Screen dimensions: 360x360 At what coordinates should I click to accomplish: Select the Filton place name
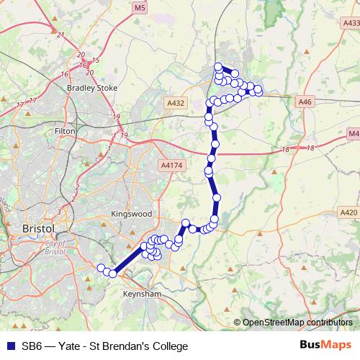point(66,132)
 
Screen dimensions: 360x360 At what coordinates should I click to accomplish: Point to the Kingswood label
point(132,214)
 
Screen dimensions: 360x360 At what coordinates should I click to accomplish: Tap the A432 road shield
point(176,104)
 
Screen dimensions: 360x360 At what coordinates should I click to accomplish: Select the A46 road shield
point(305,103)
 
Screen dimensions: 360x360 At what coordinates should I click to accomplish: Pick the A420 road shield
point(348,212)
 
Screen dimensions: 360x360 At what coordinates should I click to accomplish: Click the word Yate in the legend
point(76,346)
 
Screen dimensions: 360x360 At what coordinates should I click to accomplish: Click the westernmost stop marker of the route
point(102,269)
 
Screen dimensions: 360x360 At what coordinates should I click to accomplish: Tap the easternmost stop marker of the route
point(258,91)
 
